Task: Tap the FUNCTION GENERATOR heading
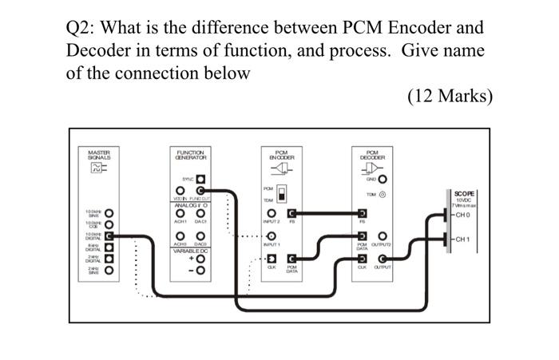tap(190, 154)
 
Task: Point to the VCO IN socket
tap(180, 192)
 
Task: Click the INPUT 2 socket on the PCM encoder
tap(272, 214)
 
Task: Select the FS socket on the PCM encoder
tap(291, 214)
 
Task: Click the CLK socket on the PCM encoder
tap(272, 259)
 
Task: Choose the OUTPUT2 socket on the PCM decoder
tap(383, 236)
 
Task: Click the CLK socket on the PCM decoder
tap(363, 259)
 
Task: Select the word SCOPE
tap(464, 194)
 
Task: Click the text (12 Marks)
tap(450, 97)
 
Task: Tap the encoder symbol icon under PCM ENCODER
tap(281, 169)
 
